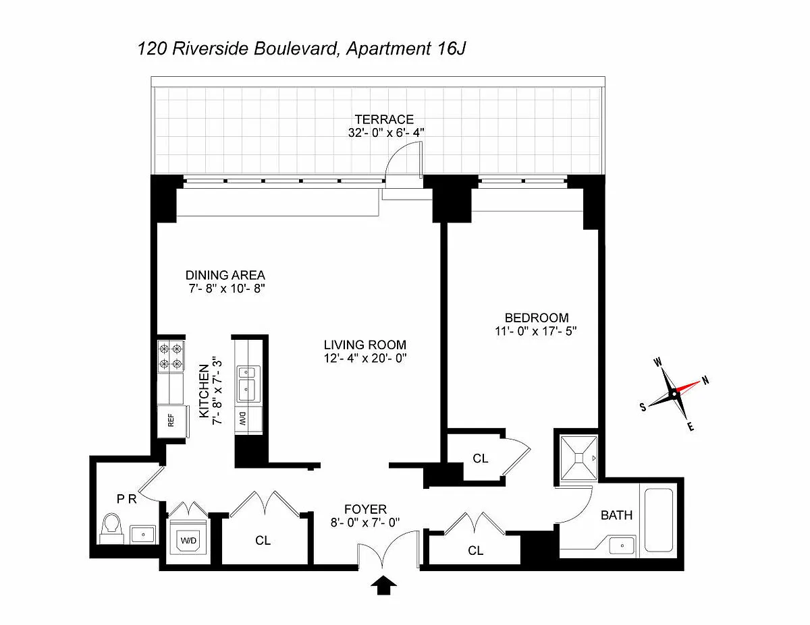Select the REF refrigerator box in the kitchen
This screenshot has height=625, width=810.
click(x=171, y=420)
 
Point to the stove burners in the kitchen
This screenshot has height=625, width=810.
click(x=170, y=356)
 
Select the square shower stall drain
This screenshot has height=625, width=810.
click(x=578, y=457)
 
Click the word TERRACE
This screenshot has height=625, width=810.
click(x=386, y=120)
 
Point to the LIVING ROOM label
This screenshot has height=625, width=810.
click(x=364, y=345)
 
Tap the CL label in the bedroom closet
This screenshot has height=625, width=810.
click(x=480, y=458)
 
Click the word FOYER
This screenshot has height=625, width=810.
click(x=365, y=509)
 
